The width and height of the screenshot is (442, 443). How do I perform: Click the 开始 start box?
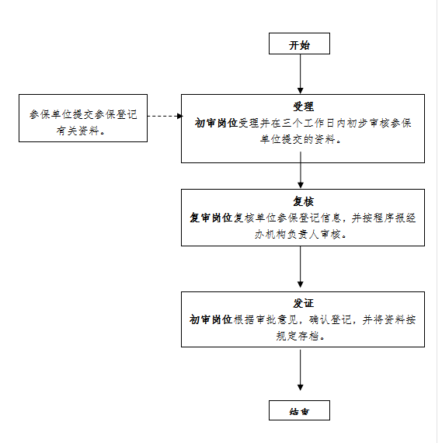pyautogui.click(x=299, y=44)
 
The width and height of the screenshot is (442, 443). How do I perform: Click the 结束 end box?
pyautogui.click(x=299, y=410)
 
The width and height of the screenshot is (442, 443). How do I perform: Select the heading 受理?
pyautogui.click(x=303, y=106)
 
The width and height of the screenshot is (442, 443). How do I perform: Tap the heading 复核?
pyautogui.click(x=303, y=201)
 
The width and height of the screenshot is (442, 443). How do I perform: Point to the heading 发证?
pyautogui.click(x=303, y=303)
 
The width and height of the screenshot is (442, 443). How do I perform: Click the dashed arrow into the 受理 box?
pyautogui.click(x=165, y=116)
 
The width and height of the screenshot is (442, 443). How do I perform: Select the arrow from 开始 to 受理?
pyautogui.click(x=300, y=74)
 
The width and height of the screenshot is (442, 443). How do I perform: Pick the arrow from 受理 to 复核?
pyautogui.click(x=300, y=169)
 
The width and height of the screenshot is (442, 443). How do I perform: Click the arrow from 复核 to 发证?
pyautogui.click(x=300, y=267)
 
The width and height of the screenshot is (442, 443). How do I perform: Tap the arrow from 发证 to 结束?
pyautogui.click(x=300, y=370)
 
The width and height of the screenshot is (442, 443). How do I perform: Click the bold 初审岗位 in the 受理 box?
pyautogui.click(x=216, y=123)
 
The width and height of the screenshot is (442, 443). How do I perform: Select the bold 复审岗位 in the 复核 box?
pyautogui.click(x=211, y=218)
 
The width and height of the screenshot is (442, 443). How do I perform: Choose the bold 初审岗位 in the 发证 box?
pyautogui.click(x=211, y=319)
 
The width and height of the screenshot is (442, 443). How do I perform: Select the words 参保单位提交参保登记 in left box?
pyautogui.click(x=83, y=114)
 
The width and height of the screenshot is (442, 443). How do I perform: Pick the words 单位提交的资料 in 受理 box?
pyautogui.click(x=298, y=139)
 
